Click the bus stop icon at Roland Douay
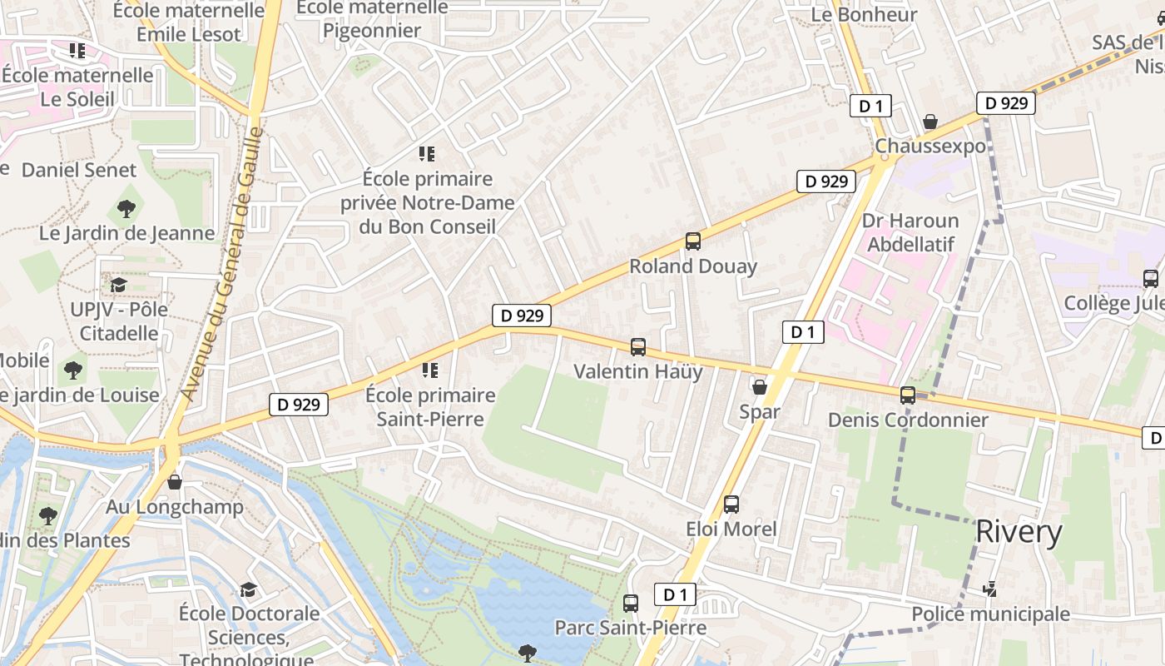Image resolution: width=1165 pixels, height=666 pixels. point(692,241)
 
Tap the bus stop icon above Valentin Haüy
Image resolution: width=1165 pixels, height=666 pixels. point(638,347)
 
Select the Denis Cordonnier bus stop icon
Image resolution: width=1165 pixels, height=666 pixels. point(908,395)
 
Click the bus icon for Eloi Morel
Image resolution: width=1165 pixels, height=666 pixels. point(731,504)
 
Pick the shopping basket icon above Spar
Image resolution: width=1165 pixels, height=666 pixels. point(760,387)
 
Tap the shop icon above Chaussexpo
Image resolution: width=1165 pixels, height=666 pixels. point(930,122)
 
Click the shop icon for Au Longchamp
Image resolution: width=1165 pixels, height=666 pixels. point(175,482)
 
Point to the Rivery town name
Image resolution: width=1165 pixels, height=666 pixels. point(1019,532)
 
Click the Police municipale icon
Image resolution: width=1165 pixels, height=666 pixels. point(989,589)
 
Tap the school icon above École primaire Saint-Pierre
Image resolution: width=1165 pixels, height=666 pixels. point(429,370)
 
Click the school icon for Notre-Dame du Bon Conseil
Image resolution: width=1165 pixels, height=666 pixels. point(427,154)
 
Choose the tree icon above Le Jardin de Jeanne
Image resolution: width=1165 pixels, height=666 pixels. point(126,208)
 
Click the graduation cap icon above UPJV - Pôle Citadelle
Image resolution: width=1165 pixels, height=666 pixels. point(119,285)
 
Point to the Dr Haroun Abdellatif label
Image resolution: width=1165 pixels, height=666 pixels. point(910,232)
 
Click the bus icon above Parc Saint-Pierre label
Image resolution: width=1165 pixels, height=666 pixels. point(631,604)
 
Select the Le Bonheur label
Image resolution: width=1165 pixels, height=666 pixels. point(864,14)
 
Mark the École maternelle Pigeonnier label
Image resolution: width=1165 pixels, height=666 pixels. point(372,18)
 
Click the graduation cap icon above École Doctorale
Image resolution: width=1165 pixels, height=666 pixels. point(249,589)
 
